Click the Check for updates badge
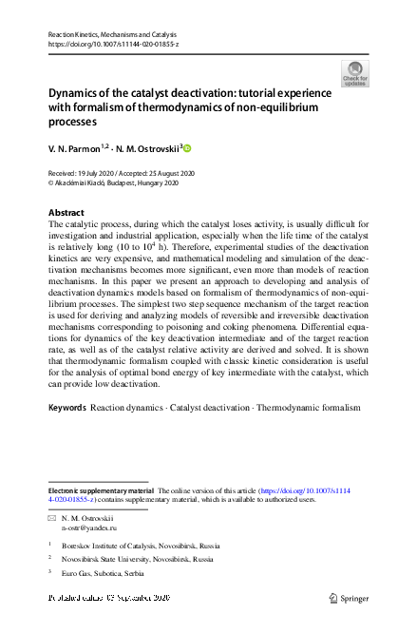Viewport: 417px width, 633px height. pyautogui.click(x=356, y=73)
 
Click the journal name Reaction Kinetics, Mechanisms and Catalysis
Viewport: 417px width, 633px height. pyautogui.click(x=108, y=35)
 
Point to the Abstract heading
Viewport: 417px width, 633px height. pyautogui.click(x=66, y=212)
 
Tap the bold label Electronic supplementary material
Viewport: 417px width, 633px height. pyautogui.click(x=101, y=490)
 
